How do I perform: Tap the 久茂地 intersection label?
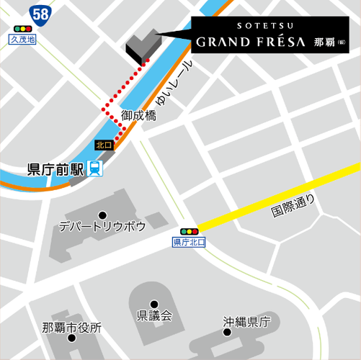pos(23,40)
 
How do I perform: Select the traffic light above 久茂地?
pos(23,30)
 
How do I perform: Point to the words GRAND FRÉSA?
pos(250,42)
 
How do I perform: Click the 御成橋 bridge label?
pos(138,115)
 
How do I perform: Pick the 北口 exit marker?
pos(104,145)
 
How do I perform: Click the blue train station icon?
pos(96,169)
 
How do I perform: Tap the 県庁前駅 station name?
pos(55,170)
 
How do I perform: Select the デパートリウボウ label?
pos(103,227)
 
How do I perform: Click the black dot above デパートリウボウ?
pos(102,215)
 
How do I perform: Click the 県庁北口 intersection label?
pos(189,243)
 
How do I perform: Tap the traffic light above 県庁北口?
pos(190,231)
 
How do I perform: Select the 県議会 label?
pos(154,315)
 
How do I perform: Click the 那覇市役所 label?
pos(71,328)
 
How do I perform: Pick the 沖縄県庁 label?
pos(246,322)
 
